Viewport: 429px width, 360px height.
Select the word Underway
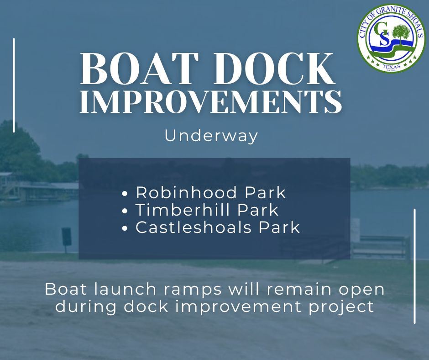[x=211, y=136]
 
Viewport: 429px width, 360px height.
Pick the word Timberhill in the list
[x=180, y=210]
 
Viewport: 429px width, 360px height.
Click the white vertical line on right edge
[x=414, y=266]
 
